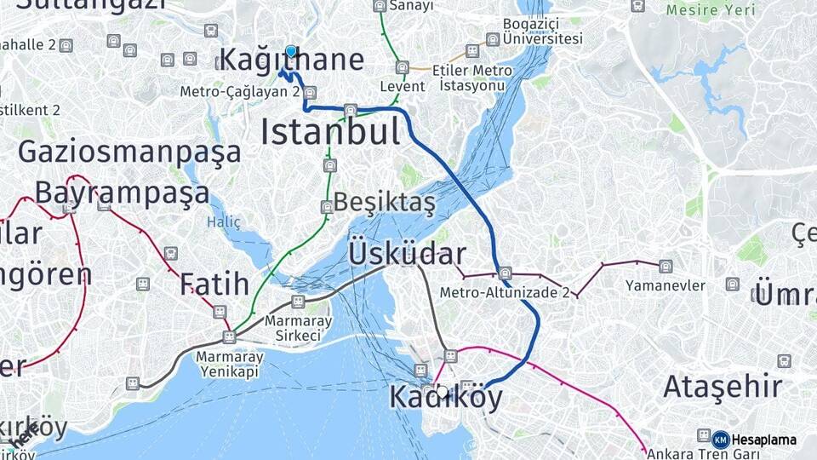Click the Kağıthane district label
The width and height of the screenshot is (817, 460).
291,60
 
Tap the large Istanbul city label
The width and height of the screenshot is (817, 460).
330,132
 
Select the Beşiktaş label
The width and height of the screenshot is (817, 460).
385,203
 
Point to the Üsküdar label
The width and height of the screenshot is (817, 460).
407,254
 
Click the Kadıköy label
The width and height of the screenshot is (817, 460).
446,397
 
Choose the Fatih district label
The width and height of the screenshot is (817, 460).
214,284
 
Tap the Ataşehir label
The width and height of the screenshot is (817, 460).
723,386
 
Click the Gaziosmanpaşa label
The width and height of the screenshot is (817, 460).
129,152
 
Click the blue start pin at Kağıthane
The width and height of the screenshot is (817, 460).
291,51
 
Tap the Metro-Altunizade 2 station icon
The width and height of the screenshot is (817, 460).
505,273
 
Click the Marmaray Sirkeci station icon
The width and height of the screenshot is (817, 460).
298,302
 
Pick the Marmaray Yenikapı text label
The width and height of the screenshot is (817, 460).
230,365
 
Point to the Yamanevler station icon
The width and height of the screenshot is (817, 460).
666,267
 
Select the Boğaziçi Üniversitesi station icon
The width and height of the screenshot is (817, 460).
492,39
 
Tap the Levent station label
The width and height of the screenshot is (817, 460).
402,87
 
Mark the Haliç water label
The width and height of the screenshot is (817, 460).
224,221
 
